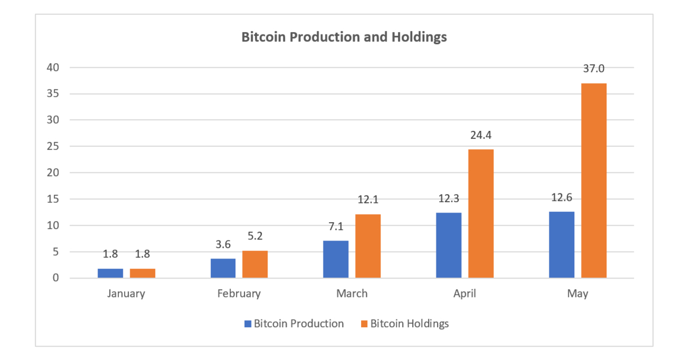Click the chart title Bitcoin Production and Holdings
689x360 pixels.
click(x=344, y=38)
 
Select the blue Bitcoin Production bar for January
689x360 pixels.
click(x=110, y=273)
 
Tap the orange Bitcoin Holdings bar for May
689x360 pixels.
click(x=594, y=180)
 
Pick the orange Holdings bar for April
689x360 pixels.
click(x=481, y=214)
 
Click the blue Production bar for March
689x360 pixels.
click(x=336, y=259)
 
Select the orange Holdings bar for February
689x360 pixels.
click(x=255, y=264)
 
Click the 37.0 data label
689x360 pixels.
click(x=594, y=69)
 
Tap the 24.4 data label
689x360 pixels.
click(x=481, y=136)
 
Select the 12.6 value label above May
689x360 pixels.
click(x=562, y=198)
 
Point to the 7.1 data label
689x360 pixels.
click(x=336, y=227)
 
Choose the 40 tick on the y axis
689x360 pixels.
click(x=53, y=68)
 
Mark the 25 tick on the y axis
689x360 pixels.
click(x=53, y=146)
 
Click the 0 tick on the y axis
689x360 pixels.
click(x=56, y=278)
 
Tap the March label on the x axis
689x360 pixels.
click(x=352, y=293)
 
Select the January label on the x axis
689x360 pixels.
click(x=126, y=293)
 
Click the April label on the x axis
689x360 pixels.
click(x=465, y=293)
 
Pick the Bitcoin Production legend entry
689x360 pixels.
click(x=299, y=323)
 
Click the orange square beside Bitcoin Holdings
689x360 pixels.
click(x=364, y=323)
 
